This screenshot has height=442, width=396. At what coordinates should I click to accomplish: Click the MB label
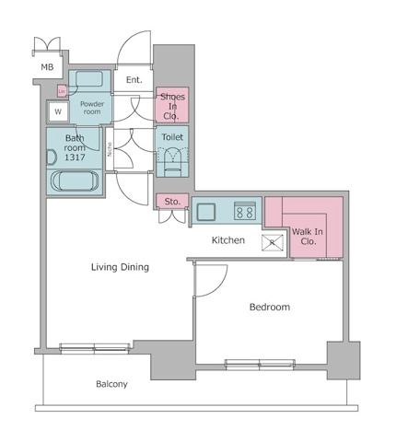click(47, 67)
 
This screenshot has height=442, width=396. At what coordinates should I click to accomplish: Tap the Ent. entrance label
click(134, 80)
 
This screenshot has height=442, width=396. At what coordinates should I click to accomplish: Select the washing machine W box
click(58, 111)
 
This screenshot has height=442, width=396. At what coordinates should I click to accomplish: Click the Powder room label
click(91, 109)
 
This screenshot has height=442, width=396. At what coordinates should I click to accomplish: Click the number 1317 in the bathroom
click(75, 157)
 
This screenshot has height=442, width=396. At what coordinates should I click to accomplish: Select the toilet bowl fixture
click(172, 161)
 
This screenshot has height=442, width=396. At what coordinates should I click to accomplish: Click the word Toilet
click(172, 137)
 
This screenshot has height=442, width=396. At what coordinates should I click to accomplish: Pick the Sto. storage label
click(171, 202)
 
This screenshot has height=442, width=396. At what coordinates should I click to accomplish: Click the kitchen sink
click(204, 212)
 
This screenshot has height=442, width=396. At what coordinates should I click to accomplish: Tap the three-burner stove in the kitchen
click(245, 211)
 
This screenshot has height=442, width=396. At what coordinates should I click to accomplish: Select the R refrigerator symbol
click(273, 243)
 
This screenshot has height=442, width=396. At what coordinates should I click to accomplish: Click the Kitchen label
click(227, 240)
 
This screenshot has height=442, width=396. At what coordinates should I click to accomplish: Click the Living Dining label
click(120, 267)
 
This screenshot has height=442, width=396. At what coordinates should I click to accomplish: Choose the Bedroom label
click(270, 307)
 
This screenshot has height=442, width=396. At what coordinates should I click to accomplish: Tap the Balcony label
click(111, 384)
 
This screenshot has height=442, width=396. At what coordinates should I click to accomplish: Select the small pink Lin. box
click(62, 90)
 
